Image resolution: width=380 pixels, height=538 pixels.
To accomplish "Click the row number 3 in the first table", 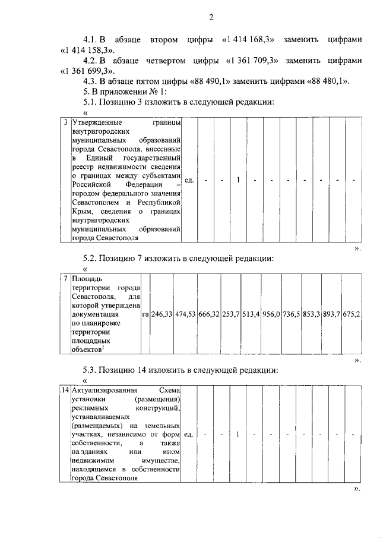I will (65, 122).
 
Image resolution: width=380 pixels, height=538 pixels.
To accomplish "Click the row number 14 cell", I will (65, 391).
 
